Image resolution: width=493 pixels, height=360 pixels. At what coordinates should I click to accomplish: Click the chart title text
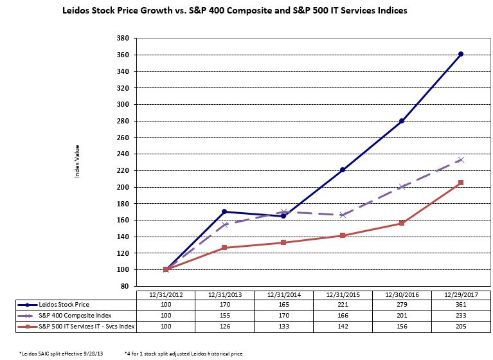(x=235, y=11)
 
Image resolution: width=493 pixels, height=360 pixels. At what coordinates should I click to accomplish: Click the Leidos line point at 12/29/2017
(x=461, y=54)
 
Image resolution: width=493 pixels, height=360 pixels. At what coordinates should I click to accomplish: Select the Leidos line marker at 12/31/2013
(x=224, y=212)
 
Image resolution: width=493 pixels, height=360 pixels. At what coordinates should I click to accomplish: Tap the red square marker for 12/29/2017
(x=461, y=183)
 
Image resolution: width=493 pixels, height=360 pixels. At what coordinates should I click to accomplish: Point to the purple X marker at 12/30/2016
(x=402, y=186)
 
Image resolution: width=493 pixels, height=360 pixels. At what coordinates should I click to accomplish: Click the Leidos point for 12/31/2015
(x=343, y=170)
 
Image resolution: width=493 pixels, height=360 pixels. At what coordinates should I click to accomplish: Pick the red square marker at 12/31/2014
(x=283, y=242)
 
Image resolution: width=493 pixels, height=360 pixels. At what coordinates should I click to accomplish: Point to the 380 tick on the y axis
(x=123, y=38)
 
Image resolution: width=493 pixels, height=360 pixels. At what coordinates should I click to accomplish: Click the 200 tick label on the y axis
(x=123, y=187)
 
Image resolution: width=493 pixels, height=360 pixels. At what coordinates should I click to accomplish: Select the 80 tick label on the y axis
(x=125, y=286)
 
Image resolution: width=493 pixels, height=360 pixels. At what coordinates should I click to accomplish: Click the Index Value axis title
(x=77, y=162)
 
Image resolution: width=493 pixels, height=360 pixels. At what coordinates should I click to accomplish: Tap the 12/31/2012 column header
(x=166, y=294)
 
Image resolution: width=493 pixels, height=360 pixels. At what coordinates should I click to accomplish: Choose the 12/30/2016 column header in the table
(x=402, y=294)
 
